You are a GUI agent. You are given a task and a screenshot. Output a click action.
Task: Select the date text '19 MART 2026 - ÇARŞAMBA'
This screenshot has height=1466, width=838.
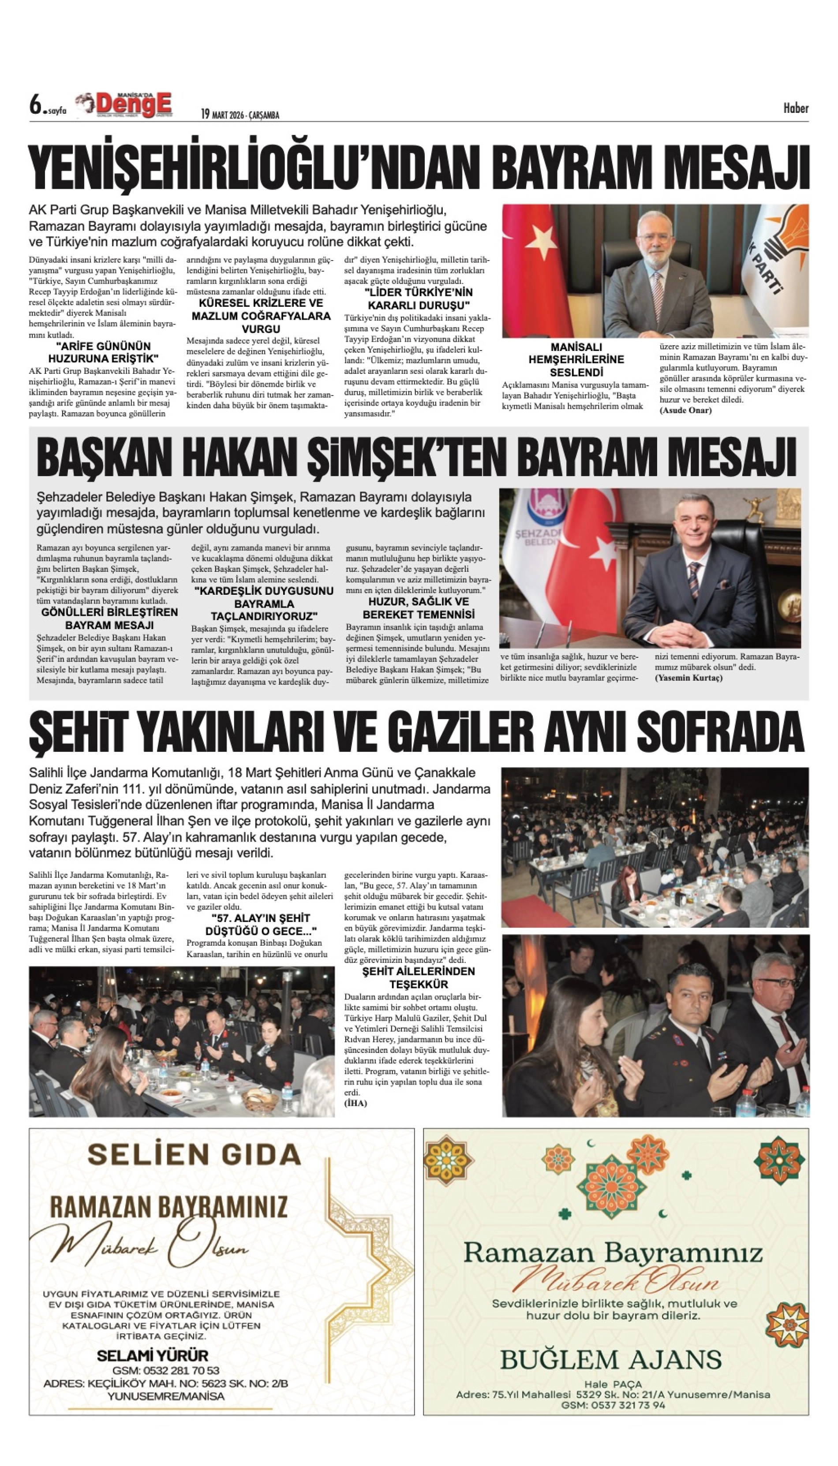point(240,115)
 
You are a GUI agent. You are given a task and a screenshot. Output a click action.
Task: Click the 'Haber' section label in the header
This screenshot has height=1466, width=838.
point(795,108)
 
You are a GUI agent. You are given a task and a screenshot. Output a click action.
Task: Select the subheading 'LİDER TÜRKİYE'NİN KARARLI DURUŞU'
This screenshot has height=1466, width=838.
point(419,298)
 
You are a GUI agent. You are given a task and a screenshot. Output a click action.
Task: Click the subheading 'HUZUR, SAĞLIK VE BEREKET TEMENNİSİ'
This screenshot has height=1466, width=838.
point(419,608)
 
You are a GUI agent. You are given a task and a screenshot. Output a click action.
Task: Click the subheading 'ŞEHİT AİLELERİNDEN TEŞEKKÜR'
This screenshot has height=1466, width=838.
point(419,977)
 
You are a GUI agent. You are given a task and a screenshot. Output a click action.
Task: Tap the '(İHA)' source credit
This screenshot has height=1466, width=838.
point(355,1103)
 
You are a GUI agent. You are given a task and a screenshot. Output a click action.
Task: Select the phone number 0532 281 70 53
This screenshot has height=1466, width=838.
point(166,1370)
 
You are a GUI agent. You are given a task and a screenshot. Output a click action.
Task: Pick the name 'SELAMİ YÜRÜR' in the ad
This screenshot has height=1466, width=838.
point(153,1355)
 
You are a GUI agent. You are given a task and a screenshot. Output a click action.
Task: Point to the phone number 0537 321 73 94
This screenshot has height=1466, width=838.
point(613,1405)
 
